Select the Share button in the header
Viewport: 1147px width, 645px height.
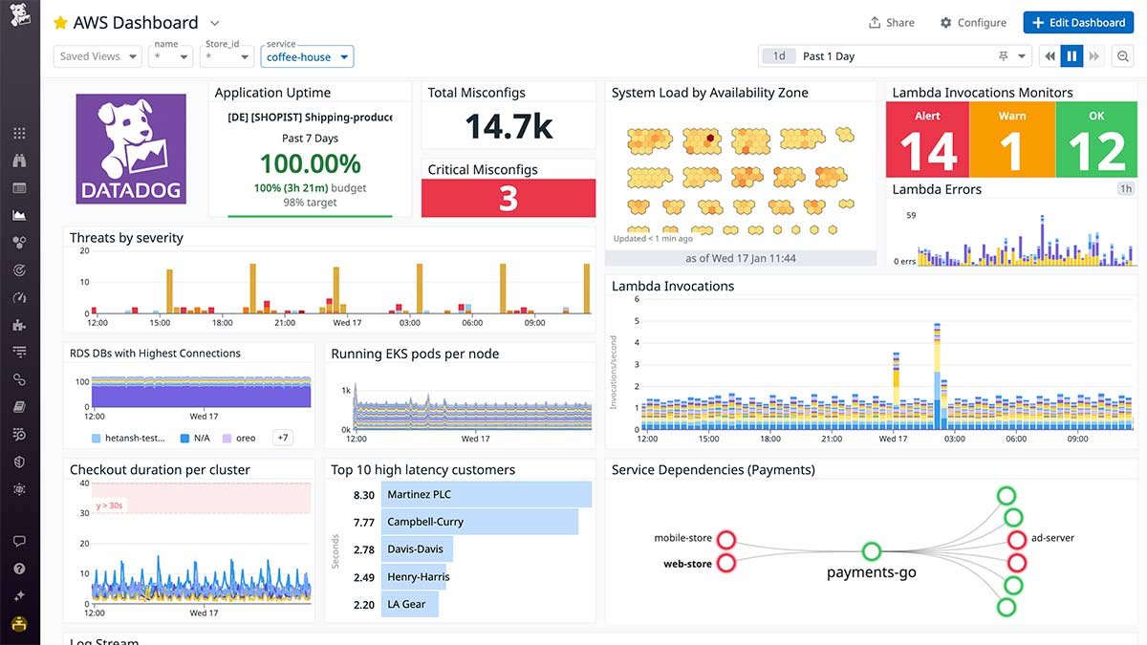[x=891, y=23]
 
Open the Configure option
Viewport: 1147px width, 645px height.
[x=973, y=23]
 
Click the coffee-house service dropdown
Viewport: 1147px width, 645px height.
[x=307, y=57]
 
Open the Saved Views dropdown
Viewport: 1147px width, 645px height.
[x=97, y=56]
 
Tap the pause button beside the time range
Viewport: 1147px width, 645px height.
[x=1071, y=56]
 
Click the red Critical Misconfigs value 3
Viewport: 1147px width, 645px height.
[x=509, y=198]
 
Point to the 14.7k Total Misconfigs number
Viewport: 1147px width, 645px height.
[x=509, y=126]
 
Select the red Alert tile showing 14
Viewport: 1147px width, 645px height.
[x=927, y=140]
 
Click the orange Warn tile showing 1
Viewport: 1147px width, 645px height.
[x=1011, y=140]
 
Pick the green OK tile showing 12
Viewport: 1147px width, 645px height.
[x=1096, y=140]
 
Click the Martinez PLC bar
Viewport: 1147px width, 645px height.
[x=486, y=495]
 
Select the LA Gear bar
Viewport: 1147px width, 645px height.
[x=409, y=604]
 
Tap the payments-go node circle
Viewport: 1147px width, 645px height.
[x=871, y=551]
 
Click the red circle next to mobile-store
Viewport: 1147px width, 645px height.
[x=725, y=539]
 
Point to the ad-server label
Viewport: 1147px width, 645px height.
[x=1052, y=538]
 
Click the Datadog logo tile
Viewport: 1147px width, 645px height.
[x=131, y=148]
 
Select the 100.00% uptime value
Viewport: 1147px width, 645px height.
[x=310, y=163]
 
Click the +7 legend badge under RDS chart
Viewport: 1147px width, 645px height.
[x=283, y=438]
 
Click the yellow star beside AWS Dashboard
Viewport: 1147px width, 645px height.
[x=60, y=23]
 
